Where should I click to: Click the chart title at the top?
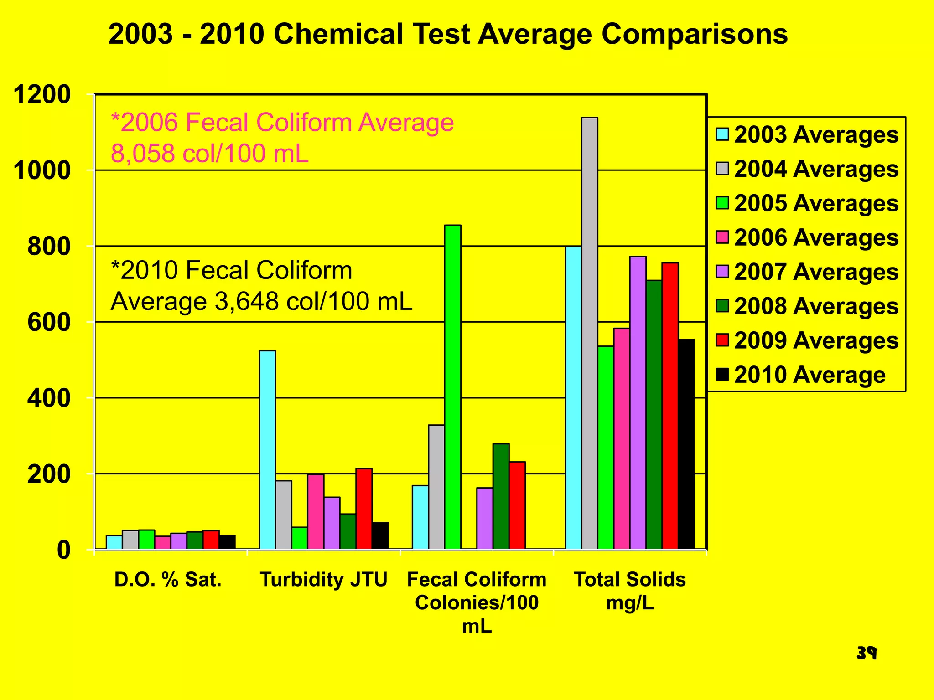coord(448,35)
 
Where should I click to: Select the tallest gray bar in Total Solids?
coord(590,333)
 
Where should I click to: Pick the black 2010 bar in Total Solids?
coord(686,444)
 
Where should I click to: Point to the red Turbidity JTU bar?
coord(364,508)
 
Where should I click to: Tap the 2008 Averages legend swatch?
coord(722,306)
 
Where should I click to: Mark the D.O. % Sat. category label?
coord(168,580)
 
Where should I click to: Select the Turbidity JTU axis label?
coord(323,580)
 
